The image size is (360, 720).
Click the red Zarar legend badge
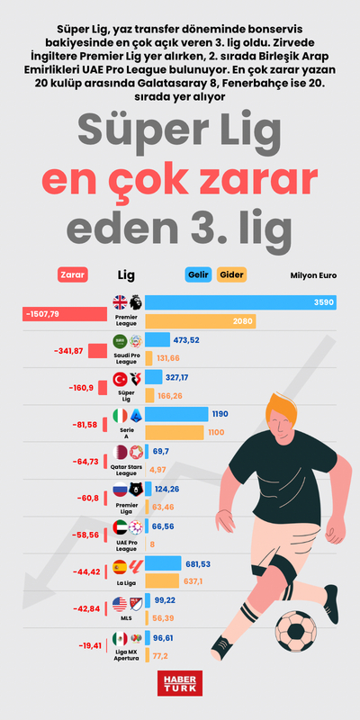coord(71,274)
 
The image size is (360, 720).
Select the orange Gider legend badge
coord(231,274)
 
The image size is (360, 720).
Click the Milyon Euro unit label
coord(313,275)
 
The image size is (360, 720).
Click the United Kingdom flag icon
coord(120,302)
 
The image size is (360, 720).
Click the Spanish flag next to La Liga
coord(120,568)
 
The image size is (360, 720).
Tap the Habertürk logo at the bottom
coord(179,684)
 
